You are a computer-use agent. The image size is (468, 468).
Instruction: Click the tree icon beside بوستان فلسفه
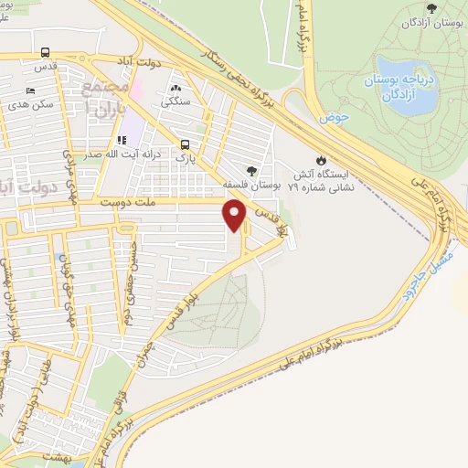click(251, 170)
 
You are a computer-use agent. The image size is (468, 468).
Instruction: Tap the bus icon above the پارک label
click(186, 144)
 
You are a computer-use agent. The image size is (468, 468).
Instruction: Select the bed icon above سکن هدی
click(31, 90)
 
